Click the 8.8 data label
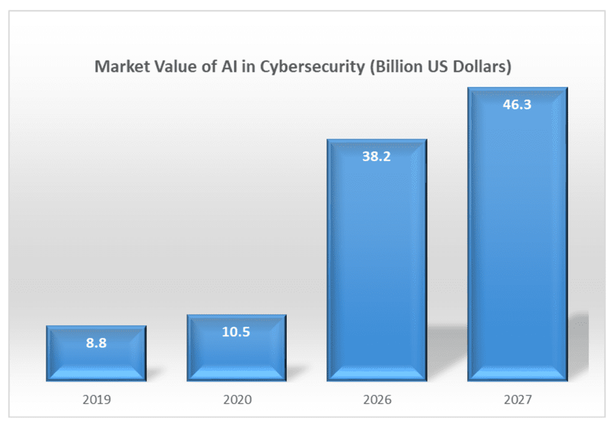tap(96, 344)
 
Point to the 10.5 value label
tap(236, 333)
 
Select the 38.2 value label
tap(377, 158)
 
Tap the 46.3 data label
tap(517, 105)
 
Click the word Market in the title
tap(119, 67)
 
